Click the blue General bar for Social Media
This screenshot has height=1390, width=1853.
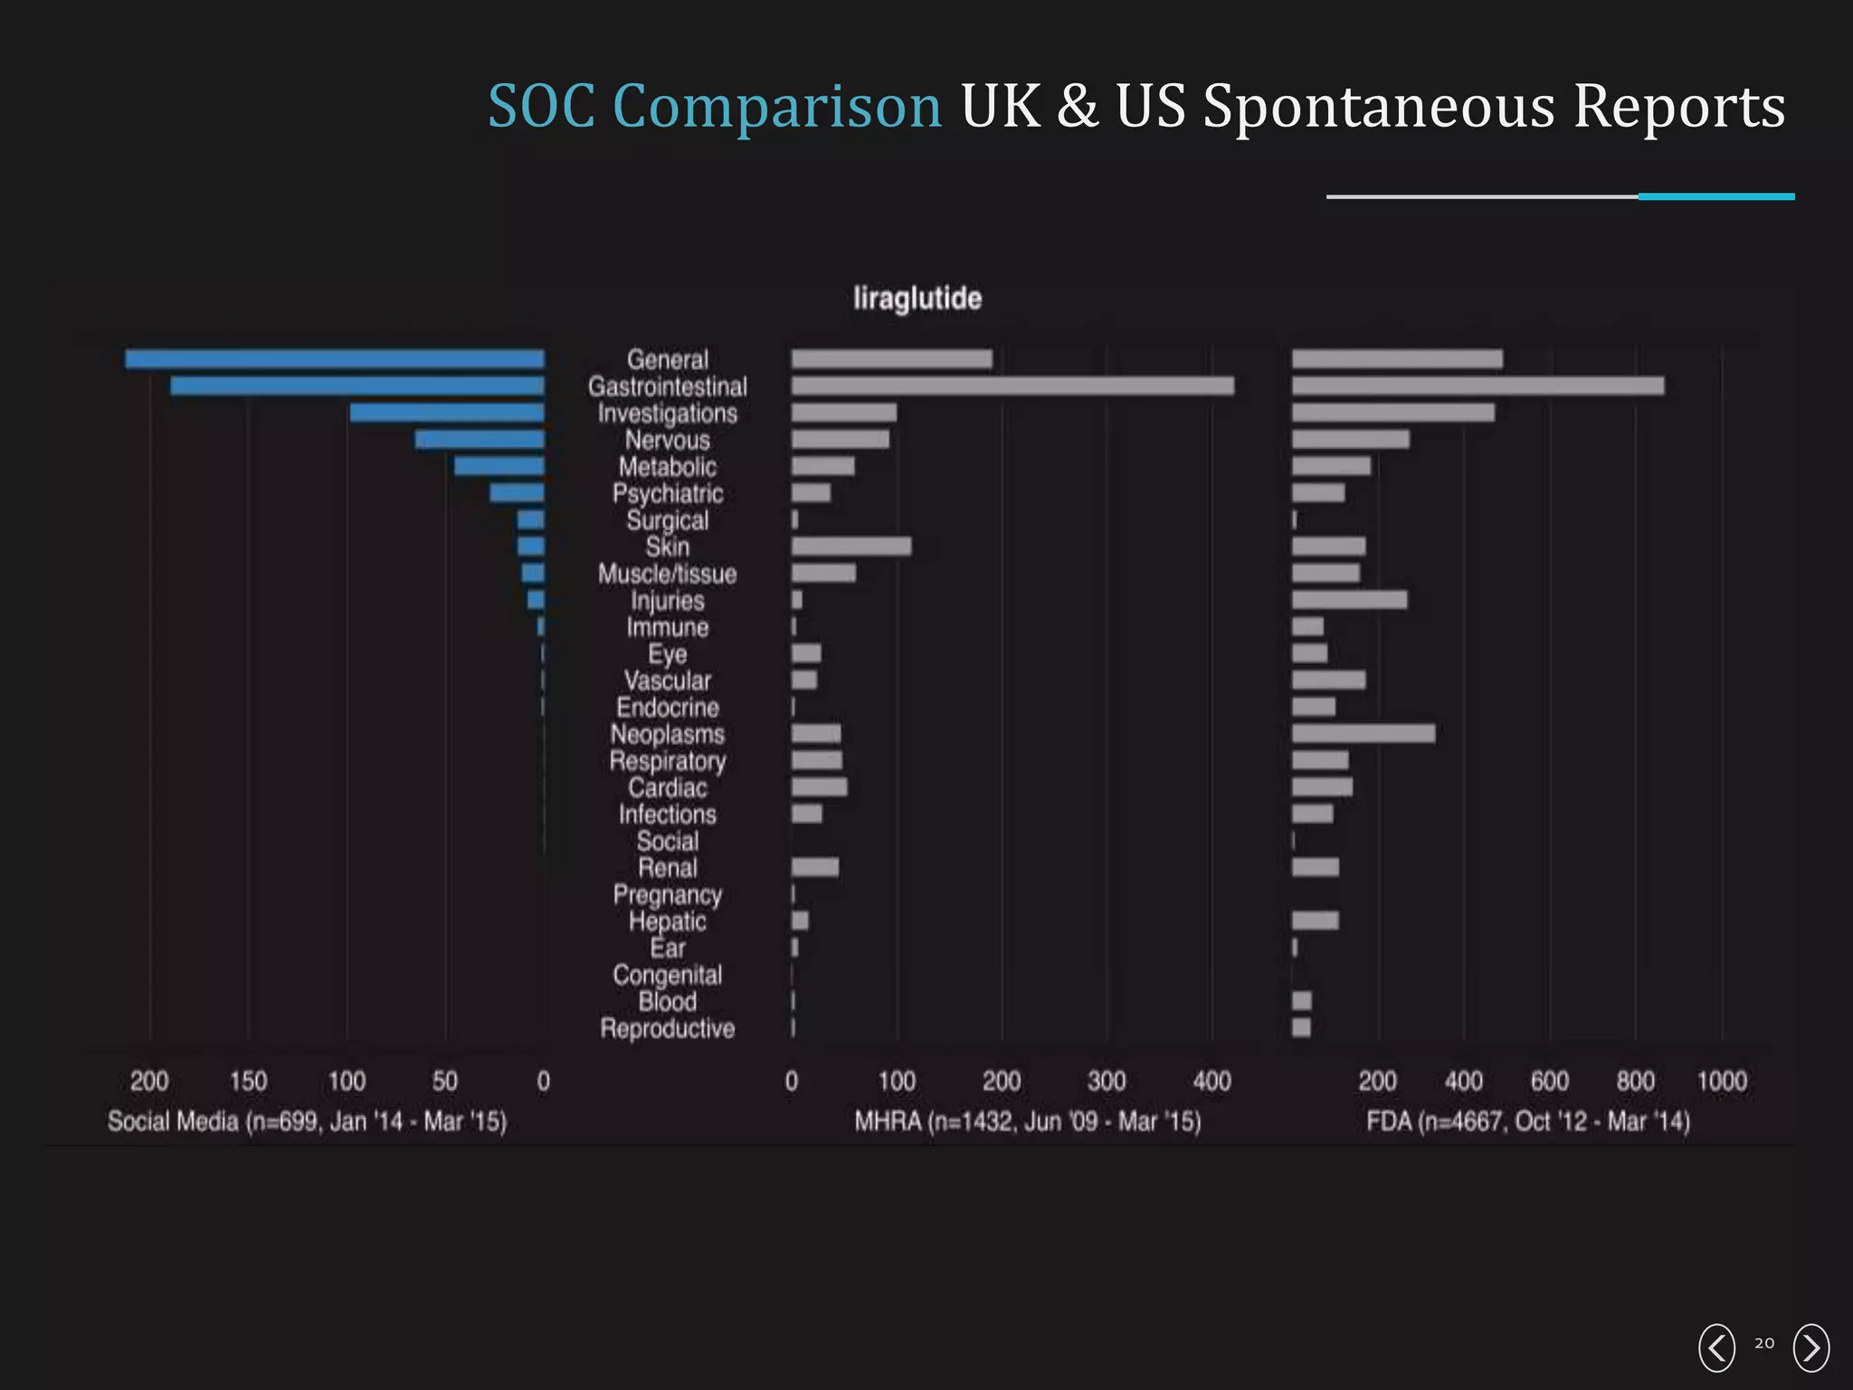335,359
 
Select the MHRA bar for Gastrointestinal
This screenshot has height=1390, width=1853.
1012,386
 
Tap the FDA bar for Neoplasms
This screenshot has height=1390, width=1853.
1363,733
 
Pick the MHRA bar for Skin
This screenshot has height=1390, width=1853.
851,547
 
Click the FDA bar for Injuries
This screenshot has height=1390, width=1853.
1349,600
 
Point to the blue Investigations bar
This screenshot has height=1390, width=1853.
447,413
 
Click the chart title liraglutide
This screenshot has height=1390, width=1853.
917,299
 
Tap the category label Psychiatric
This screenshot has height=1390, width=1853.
668,494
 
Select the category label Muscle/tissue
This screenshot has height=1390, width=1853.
668,575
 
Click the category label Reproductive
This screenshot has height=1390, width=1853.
668,1029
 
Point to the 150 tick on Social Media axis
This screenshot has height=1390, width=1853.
248,1081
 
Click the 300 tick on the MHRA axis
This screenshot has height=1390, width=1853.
1107,1081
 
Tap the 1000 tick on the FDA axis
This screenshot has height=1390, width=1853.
1721,1081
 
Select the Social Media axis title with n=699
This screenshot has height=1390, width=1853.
307,1122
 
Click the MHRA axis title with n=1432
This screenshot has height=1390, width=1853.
1028,1122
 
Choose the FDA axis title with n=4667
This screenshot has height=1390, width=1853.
1527,1122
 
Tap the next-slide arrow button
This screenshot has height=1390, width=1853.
1810,1347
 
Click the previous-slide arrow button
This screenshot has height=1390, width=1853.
1716,1347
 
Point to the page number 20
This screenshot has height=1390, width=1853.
1764,1344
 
